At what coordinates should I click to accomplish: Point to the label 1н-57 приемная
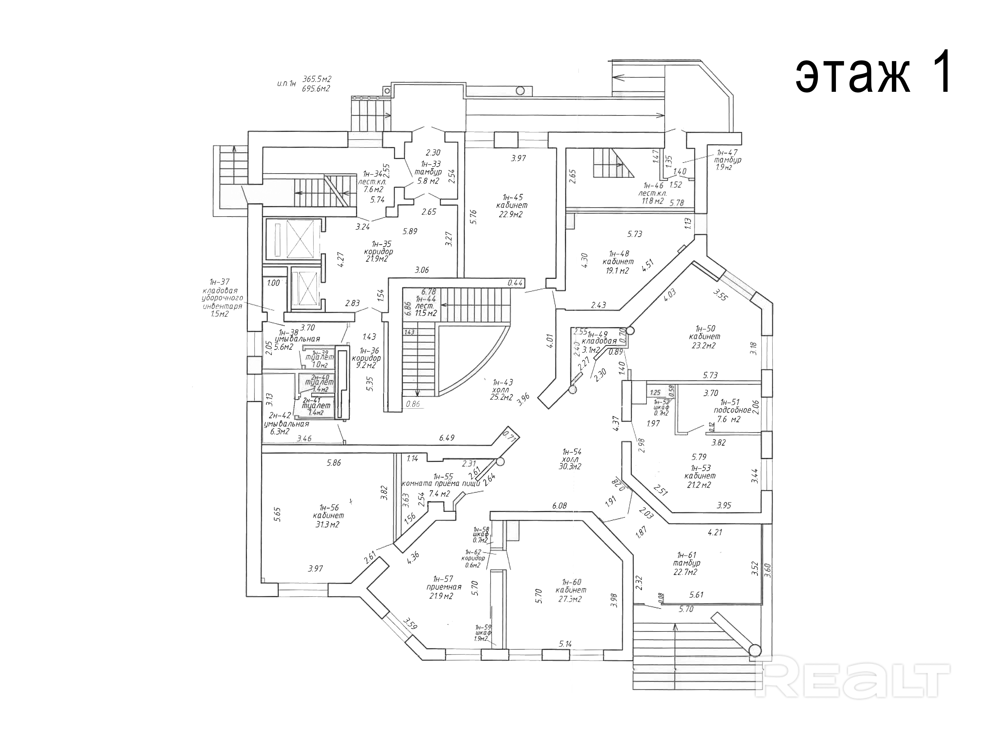tap(443, 587)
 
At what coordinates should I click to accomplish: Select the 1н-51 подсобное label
tap(729, 410)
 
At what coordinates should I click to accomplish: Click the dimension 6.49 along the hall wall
tap(447, 438)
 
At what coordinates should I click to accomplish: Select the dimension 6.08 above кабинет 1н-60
tap(560, 505)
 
